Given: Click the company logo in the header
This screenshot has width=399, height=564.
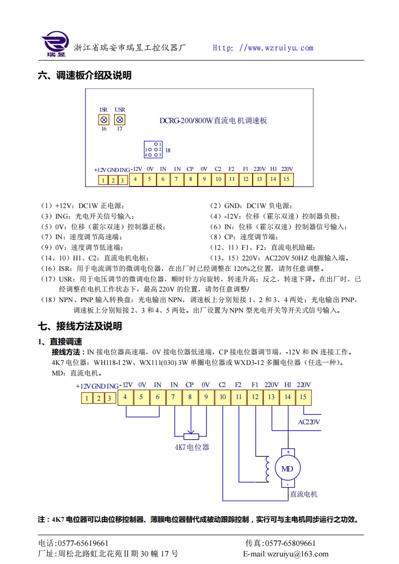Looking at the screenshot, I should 54,44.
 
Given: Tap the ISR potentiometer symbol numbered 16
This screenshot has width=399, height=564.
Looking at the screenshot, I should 104,120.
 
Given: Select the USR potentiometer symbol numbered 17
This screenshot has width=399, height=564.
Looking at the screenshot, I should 120,120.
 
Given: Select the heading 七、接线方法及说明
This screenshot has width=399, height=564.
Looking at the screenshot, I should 80,326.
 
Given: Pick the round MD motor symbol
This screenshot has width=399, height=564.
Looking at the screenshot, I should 287,469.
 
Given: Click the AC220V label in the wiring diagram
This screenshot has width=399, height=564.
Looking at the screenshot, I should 309,422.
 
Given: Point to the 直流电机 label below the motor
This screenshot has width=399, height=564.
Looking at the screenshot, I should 303,494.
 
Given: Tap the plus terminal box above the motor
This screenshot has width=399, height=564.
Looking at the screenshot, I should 288,452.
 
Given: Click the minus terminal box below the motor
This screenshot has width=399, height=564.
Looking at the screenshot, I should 288,484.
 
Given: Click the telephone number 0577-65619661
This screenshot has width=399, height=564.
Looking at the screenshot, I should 83,543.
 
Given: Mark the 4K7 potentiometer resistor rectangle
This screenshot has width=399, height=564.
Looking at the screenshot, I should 190,436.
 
